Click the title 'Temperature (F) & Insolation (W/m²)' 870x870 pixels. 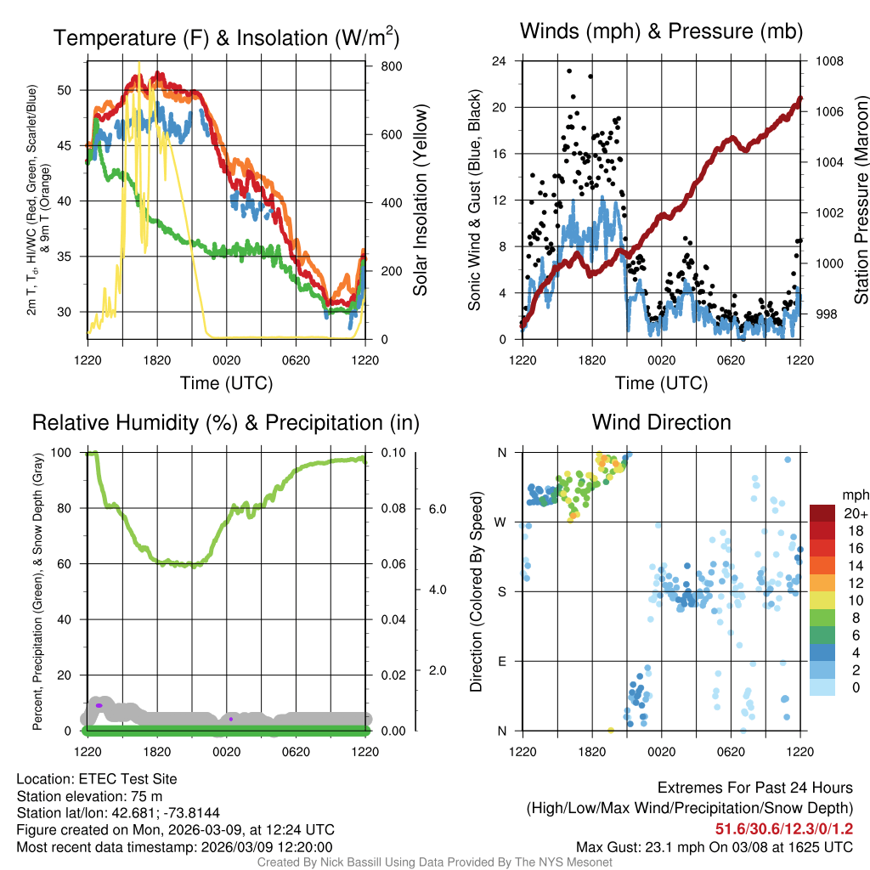tap(225, 37)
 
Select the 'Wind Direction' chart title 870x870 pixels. tap(661, 422)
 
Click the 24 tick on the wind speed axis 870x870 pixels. tap(500, 61)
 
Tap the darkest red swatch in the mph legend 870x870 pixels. tap(824, 513)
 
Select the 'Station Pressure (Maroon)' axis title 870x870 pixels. tap(860, 200)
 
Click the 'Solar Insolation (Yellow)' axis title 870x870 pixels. tap(421, 200)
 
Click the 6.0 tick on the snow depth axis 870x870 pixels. tap(437, 509)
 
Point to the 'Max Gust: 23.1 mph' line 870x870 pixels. tap(714, 846)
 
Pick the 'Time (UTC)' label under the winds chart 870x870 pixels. tap(660, 383)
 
